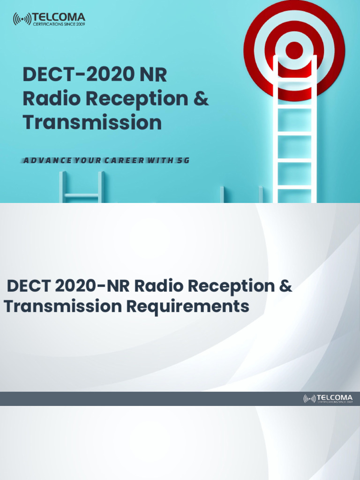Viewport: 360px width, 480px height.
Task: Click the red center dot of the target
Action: click(294, 50)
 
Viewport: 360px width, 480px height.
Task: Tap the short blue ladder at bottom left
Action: click(82, 187)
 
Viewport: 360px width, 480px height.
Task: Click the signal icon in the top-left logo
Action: click(22, 19)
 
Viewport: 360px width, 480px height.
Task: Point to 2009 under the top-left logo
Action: click(79, 24)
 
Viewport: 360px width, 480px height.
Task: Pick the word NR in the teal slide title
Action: click(151, 75)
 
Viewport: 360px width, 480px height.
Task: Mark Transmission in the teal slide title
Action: click(92, 123)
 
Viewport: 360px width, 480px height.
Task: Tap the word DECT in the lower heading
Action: click(28, 285)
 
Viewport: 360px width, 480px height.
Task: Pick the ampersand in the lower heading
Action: click(286, 285)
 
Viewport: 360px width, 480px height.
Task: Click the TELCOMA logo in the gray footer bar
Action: click(328, 399)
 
